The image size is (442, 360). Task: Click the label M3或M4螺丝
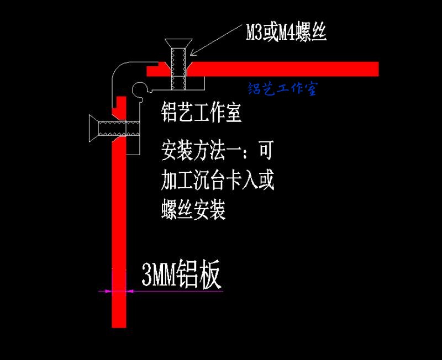tap(286, 33)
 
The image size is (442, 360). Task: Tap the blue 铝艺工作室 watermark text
tap(283, 89)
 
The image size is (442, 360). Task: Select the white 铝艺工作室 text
tap(201, 112)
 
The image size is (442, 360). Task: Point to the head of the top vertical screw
tap(178, 44)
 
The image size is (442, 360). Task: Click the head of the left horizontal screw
tap(93, 128)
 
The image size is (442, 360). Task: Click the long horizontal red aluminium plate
tap(282, 69)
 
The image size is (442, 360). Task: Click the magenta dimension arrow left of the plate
tap(108, 291)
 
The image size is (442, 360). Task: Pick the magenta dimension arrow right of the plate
tap(130, 291)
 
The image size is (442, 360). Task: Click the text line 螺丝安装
tap(193, 210)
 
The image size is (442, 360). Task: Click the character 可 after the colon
tap(266, 150)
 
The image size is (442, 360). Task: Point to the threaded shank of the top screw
tap(178, 69)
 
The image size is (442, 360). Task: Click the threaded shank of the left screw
tap(119, 129)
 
